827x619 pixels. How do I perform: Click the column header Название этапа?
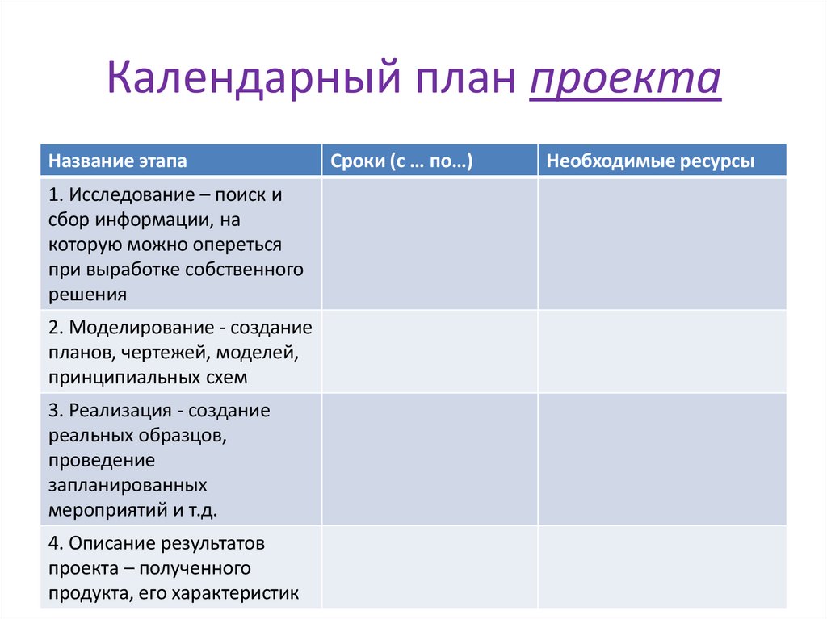[117, 161]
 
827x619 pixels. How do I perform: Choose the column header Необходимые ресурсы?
[650, 161]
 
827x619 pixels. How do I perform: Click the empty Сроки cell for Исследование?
[429, 244]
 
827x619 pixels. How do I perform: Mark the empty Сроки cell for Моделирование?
[429, 352]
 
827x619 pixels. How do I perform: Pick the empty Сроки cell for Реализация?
[429, 459]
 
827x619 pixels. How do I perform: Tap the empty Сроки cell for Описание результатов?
[429, 567]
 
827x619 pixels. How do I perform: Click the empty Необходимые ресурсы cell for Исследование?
[661, 244]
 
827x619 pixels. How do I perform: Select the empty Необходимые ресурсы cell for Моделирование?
[661, 352]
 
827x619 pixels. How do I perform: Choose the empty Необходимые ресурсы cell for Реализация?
[661, 459]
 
